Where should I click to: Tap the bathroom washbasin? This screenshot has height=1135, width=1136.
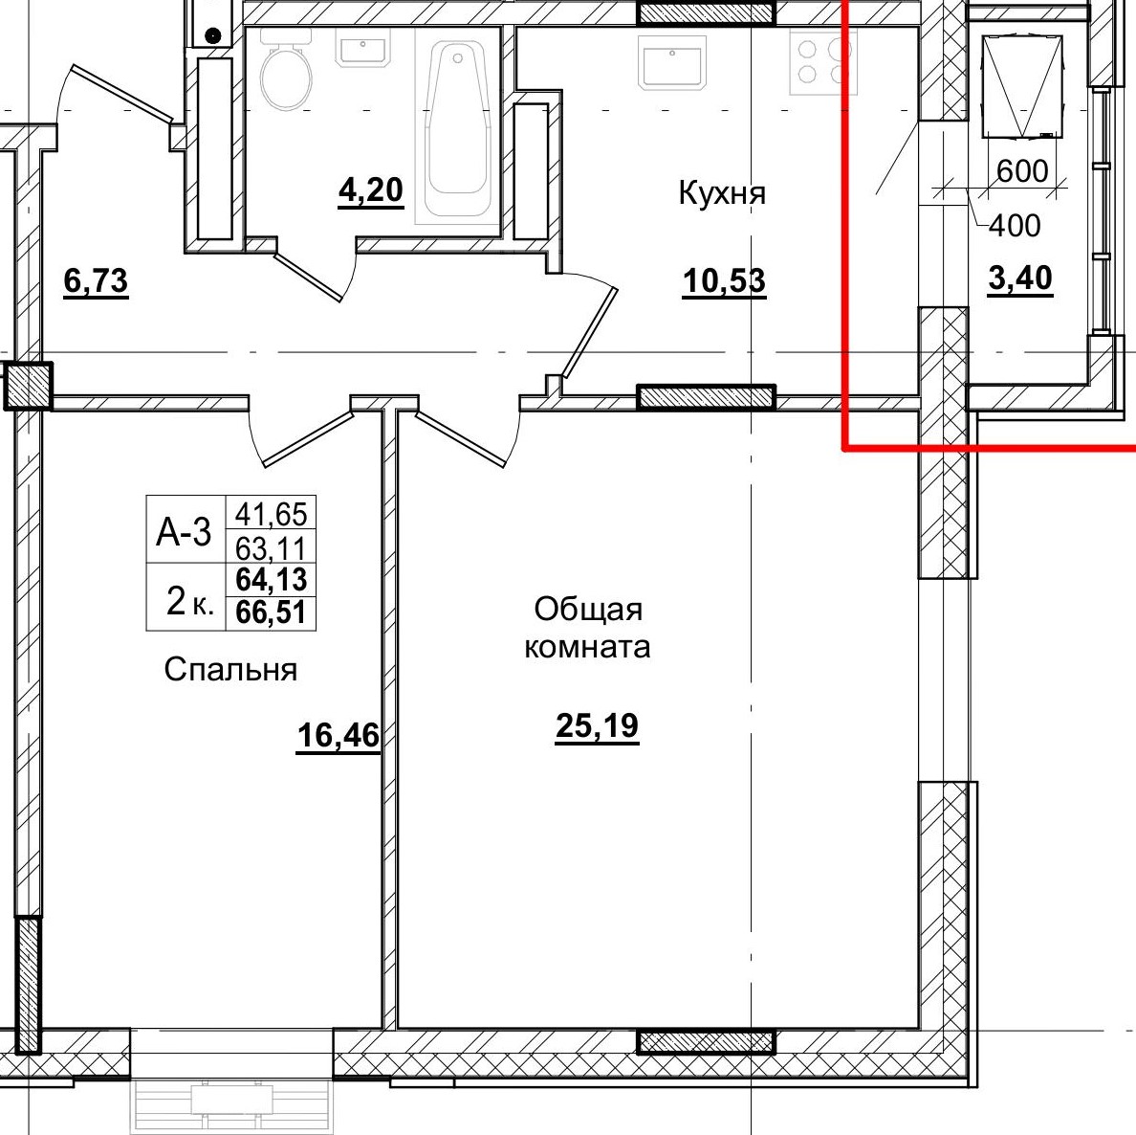[x=362, y=52]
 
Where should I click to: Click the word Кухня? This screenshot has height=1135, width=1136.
[x=722, y=193]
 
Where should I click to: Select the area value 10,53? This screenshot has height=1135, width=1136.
[x=724, y=281]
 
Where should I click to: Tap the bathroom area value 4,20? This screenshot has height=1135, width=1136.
[x=370, y=190]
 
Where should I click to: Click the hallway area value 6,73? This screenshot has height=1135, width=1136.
[x=96, y=280]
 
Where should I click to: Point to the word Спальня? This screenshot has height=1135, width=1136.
[x=230, y=669]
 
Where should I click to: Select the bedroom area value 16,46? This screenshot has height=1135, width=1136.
[x=339, y=736]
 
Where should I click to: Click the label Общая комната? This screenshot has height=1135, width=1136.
[x=587, y=628]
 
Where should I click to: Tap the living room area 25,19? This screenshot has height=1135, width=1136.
[x=597, y=725]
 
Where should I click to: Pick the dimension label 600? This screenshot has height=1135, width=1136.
[x=1022, y=171]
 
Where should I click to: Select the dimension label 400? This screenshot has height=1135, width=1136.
[x=1015, y=226]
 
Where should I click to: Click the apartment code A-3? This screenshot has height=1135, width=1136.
[x=184, y=533]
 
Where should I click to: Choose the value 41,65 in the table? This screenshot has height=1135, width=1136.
[x=271, y=514]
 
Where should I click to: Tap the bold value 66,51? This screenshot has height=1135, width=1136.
[x=271, y=613]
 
